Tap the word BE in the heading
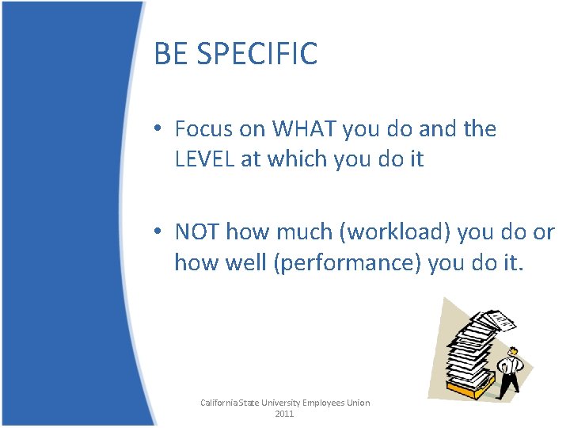click(x=170, y=54)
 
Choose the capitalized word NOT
click(x=197, y=231)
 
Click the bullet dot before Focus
click(x=160, y=129)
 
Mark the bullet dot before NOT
click(x=160, y=232)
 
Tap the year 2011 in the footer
click(x=285, y=414)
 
